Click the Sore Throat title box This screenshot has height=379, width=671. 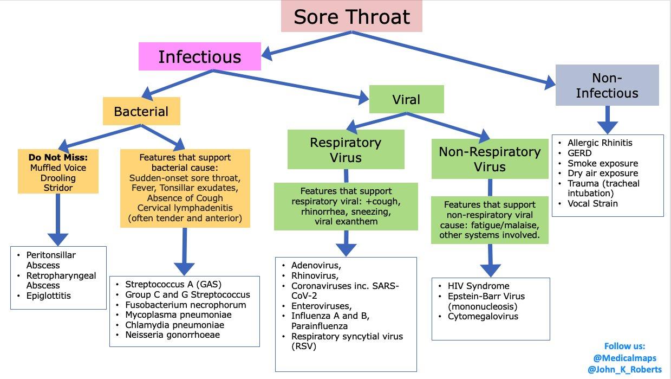(x=351, y=16)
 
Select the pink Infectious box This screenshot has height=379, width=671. (x=199, y=57)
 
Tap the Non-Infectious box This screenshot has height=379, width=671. (x=607, y=85)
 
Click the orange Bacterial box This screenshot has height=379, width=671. (x=141, y=112)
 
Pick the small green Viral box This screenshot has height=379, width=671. (x=406, y=99)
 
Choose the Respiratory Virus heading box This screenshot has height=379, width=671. (x=346, y=150)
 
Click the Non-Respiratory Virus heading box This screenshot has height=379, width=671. (x=490, y=159)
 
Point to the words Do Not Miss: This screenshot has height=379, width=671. (x=58, y=157)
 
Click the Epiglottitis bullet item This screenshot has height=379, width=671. (x=49, y=296)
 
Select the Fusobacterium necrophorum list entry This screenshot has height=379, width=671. (x=186, y=304)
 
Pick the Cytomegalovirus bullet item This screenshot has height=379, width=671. (x=483, y=317)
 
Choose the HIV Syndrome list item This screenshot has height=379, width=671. (x=478, y=286)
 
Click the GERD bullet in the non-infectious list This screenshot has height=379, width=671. (x=579, y=153)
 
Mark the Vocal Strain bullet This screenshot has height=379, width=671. (x=592, y=204)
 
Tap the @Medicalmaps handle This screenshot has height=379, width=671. (x=624, y=358)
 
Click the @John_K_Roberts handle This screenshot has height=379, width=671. (x=624, y=369)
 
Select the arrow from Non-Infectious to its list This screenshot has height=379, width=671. (x=607, y=120)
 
